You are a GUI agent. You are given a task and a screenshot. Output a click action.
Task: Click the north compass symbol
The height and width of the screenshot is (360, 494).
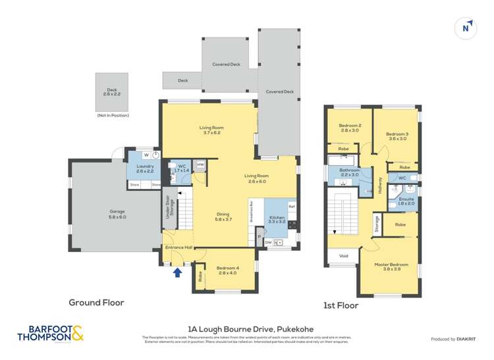pos(466,28)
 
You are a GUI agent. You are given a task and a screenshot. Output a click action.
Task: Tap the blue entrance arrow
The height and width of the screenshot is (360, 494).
pos(177,272)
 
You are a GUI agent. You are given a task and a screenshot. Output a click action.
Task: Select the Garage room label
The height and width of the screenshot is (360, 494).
pos(117,214)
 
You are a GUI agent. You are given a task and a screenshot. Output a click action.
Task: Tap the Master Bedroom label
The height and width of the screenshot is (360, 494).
pos(391,267)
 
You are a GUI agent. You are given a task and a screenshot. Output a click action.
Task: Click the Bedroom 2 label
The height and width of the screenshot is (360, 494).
pos(350,128)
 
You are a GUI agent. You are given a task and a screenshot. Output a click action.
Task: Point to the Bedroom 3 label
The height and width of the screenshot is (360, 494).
pos(398,136)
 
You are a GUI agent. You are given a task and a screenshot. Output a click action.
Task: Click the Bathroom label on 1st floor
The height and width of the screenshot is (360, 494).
pos(349,172)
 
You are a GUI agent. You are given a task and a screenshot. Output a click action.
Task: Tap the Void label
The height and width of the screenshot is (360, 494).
pos(343,256)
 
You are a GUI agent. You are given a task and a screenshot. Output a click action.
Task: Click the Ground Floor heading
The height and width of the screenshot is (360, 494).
pos(96,303)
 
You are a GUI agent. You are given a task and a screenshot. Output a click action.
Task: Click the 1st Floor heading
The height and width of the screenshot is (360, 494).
pos(340,305)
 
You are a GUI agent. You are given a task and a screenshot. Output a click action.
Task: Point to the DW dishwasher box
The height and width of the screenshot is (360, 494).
pos(268,243)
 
